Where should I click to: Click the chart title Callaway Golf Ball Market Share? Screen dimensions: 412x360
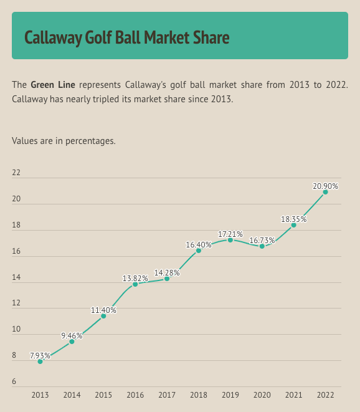[x=126, y=37]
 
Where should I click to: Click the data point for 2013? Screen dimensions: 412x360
[x=40, y=362]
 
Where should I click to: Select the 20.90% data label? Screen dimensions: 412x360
[x=326, y=186]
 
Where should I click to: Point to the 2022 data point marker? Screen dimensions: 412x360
[x=326, y=192]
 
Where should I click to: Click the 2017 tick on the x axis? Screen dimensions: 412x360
[x=167, y=395]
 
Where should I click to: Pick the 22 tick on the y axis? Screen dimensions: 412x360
[x=16, y=173]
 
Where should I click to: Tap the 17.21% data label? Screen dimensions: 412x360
[x=230, y=234]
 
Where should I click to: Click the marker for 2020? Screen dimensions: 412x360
[x=262, y=246]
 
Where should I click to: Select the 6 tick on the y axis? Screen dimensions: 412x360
[x=14, y=382]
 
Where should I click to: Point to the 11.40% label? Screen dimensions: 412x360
[x=103, y=310]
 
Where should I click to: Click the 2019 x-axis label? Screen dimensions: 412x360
[x=230, y=395]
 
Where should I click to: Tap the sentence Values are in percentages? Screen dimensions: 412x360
[x=64, y=141]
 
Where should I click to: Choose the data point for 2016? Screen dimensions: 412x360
[x=135, y=284]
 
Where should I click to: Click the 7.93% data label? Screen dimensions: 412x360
[x=40, y=355]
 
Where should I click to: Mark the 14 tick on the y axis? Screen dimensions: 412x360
[x=16, y=277]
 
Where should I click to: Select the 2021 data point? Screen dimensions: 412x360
[x=294, y=225]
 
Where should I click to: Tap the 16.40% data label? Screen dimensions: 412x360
[x=199, y=244]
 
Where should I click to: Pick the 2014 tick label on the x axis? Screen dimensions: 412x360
[x=72, y=395]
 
